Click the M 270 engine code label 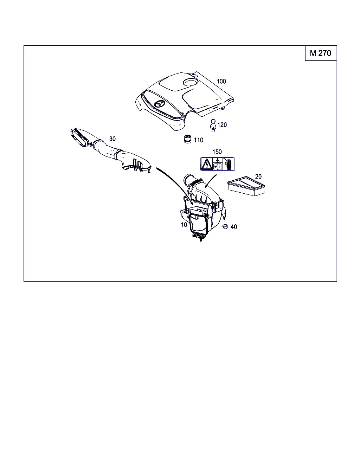(x=320, y=53)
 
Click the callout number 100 (x=221, y=81)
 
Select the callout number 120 (x=222, y=124)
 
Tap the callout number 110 (x=198, y=140)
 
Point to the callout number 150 (x=217, y=152)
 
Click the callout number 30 (x=112, y=139)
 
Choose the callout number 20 (x=258, y=176)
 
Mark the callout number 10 (x=184, y=225)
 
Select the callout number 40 (x=234, y=227)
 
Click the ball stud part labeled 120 (x=213, y=125)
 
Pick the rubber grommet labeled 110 (x=187, y=139)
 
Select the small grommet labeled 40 (x=225, y=226)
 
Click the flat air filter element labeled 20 (x=246, y=186)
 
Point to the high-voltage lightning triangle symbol (x=207, y=164)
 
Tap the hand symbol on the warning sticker (x=229, y=164)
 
